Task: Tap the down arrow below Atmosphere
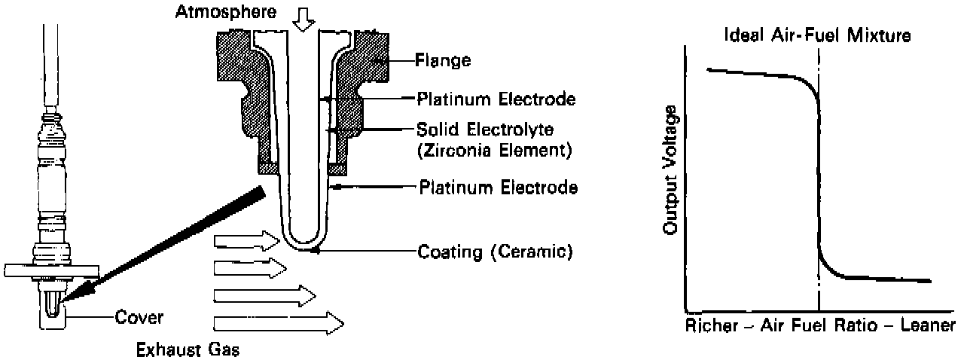click(304, 20)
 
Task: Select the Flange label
click(443, 61)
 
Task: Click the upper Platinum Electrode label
click(497, 99)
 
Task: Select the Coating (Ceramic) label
click(495, 252)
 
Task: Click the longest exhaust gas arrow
click(279, 323)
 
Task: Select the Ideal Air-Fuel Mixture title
click(818, 35)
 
